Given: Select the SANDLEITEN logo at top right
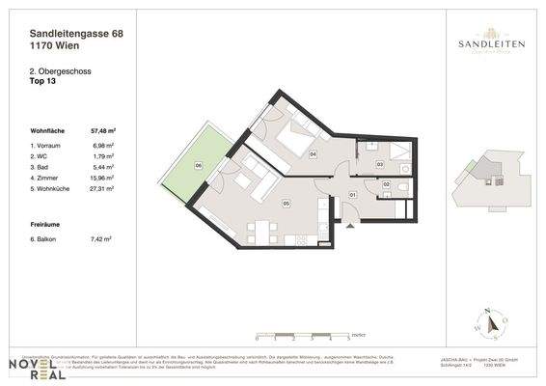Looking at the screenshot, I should point(485,45).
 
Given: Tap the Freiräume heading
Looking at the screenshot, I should point(47,223).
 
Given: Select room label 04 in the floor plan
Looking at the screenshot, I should point(313,154).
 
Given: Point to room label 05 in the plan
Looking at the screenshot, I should point(287,204).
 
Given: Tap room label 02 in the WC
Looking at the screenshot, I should point(386,184).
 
